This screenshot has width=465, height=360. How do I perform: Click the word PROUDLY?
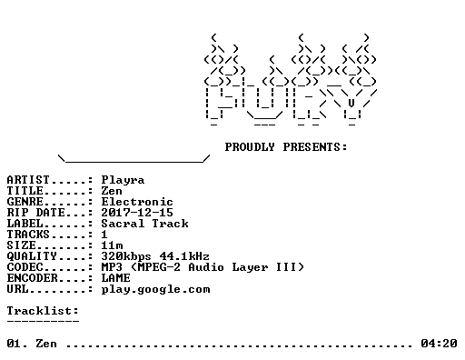[x=250, y=147]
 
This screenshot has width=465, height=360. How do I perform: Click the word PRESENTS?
[x=315, y=147]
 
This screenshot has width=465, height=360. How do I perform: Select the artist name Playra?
[x=123, y=180]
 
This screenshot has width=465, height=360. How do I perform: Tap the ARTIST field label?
[x=28, y=180]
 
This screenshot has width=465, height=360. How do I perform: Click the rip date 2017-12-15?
[x=137, y=213]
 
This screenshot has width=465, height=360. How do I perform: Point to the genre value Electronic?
[x=137, y=202]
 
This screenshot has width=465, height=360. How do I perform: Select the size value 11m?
[x=113, y=245]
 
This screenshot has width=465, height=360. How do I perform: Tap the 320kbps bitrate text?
[x=126, y=256]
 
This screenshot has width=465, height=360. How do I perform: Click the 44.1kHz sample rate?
[x=184, y=256]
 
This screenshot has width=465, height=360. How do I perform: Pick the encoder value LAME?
[x=115, y=278]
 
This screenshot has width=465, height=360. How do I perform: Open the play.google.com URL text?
[x=155, y=290]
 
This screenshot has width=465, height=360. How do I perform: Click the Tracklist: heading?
[x=43, y=311]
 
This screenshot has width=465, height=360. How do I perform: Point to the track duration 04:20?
[x=439, y=344]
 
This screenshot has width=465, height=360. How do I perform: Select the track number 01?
[x=17, y=344]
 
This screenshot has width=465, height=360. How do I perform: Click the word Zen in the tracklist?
[x=46, y=344]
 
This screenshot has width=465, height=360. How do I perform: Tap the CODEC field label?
[x=25, y=267]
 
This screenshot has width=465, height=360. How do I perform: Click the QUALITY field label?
[x=32, y=256]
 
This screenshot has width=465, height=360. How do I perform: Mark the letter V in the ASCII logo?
[x=351, y=104]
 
